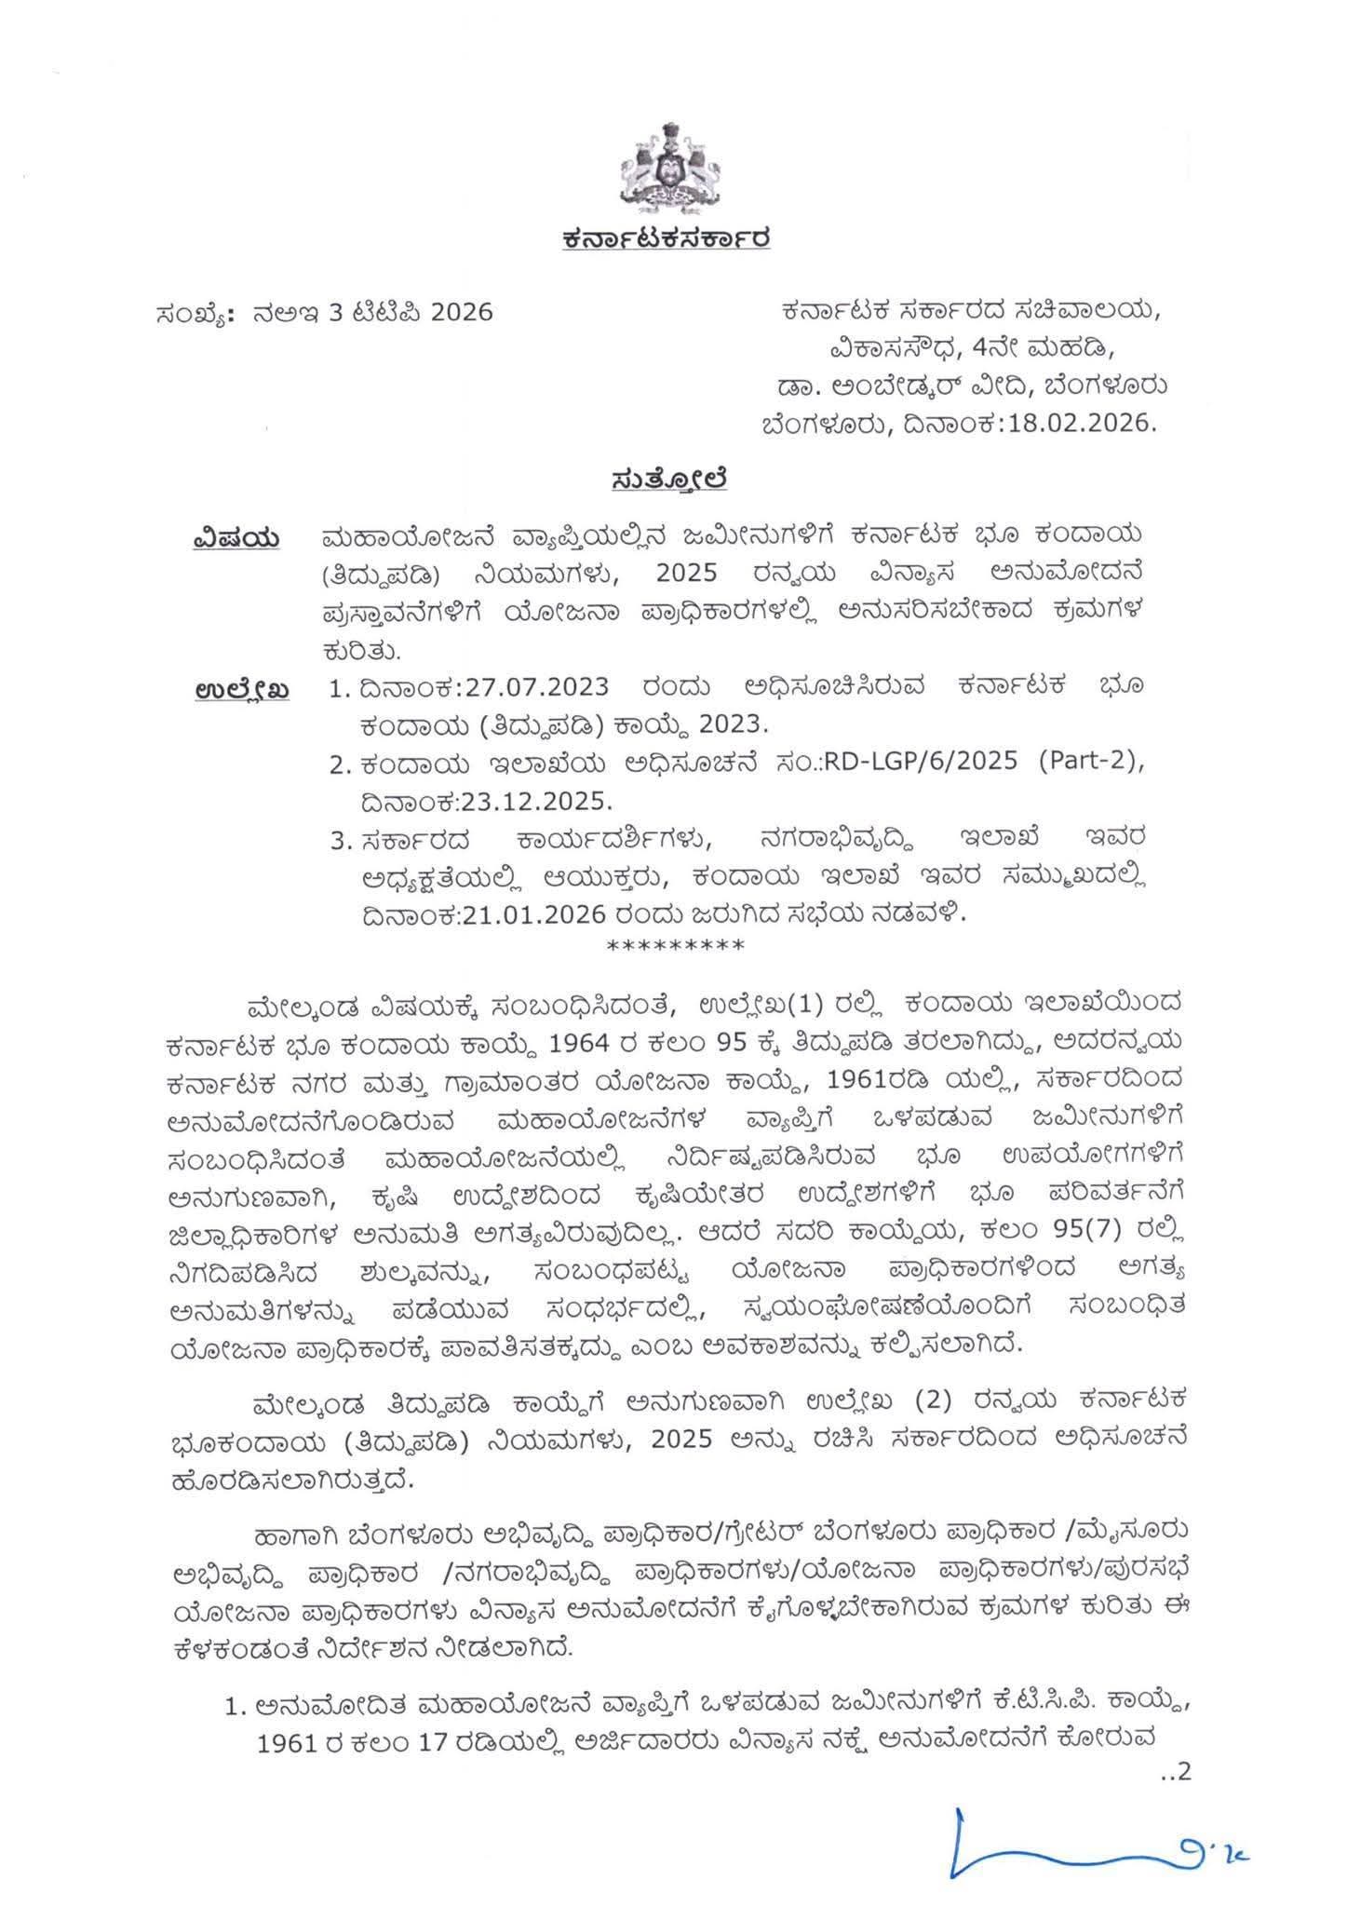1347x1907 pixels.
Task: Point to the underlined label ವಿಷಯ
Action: click(x=236, y=537)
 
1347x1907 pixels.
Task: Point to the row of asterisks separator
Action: click(x=675, y=947)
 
